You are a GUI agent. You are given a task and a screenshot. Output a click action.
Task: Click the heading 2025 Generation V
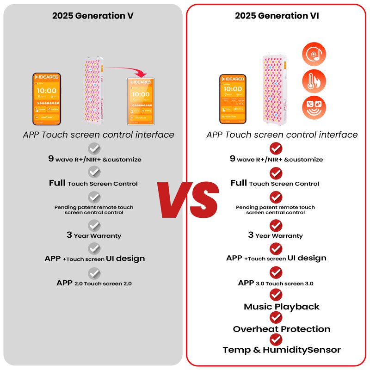(x=93, y=16)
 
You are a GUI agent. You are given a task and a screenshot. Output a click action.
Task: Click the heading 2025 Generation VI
(x=277, y=16)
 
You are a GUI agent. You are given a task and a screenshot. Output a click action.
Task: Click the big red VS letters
(x=187, y=200)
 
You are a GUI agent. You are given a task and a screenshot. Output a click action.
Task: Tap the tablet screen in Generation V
(x=140, y=100)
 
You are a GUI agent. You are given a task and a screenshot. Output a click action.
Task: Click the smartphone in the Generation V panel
(x=47, y=99)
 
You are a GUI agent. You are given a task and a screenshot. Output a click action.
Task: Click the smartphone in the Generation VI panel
(x=233, y=99)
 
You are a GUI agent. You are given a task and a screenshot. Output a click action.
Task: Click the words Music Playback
(x=282, y=307)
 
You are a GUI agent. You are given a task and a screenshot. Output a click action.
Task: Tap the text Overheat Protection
(x=282, y=329)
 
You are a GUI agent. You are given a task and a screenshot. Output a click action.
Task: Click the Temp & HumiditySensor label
(x=282, y=350)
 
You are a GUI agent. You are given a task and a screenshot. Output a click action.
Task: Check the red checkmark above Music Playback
(x=276, y=294)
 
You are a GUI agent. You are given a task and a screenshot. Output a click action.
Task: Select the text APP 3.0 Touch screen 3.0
(x=276, y=283)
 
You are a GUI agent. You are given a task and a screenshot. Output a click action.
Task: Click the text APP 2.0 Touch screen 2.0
(x=94, y=283)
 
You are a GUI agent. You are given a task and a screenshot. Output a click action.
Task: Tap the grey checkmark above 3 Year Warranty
(x=94, y=225)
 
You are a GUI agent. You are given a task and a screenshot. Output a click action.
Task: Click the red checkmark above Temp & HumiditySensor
(x=276, y=339)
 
